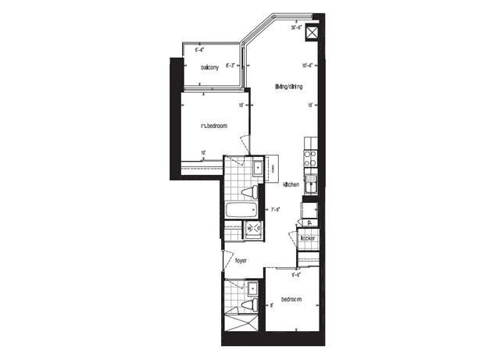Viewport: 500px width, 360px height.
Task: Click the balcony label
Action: click(x=209, y=67)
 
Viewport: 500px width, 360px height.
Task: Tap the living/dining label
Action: click(x=289, y=87)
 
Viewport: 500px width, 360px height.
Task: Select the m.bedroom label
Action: click(x=213, y=126)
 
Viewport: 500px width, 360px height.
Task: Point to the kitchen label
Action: click(x=291, y=184)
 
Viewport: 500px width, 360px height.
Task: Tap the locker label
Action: click(x=307, y=237)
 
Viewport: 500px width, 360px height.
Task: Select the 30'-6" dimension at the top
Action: click(x=296, y=27)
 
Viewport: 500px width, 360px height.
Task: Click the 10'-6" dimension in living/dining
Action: click(x=308, y=65)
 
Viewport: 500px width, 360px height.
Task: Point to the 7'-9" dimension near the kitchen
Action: click(x=275, y=209)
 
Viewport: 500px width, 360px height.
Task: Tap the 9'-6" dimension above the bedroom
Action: click(x=297, y=275)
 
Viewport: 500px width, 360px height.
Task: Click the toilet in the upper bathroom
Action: click(x=248, y=192)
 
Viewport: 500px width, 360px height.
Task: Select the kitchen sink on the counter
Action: click(x=310, y=185)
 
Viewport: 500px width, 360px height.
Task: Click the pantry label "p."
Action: click(x=309, y=223)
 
